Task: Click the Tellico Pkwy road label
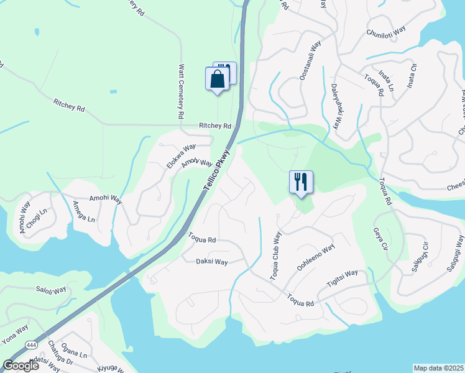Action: pos(216,171)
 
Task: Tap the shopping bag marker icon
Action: pos(217,80)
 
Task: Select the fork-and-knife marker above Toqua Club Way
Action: pos(301,182)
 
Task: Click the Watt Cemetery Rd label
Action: pos(182,91)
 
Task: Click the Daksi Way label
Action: pos(213,262)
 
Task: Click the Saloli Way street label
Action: pos(51,290)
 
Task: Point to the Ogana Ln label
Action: pos(75,354)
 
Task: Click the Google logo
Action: pos(21,366)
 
